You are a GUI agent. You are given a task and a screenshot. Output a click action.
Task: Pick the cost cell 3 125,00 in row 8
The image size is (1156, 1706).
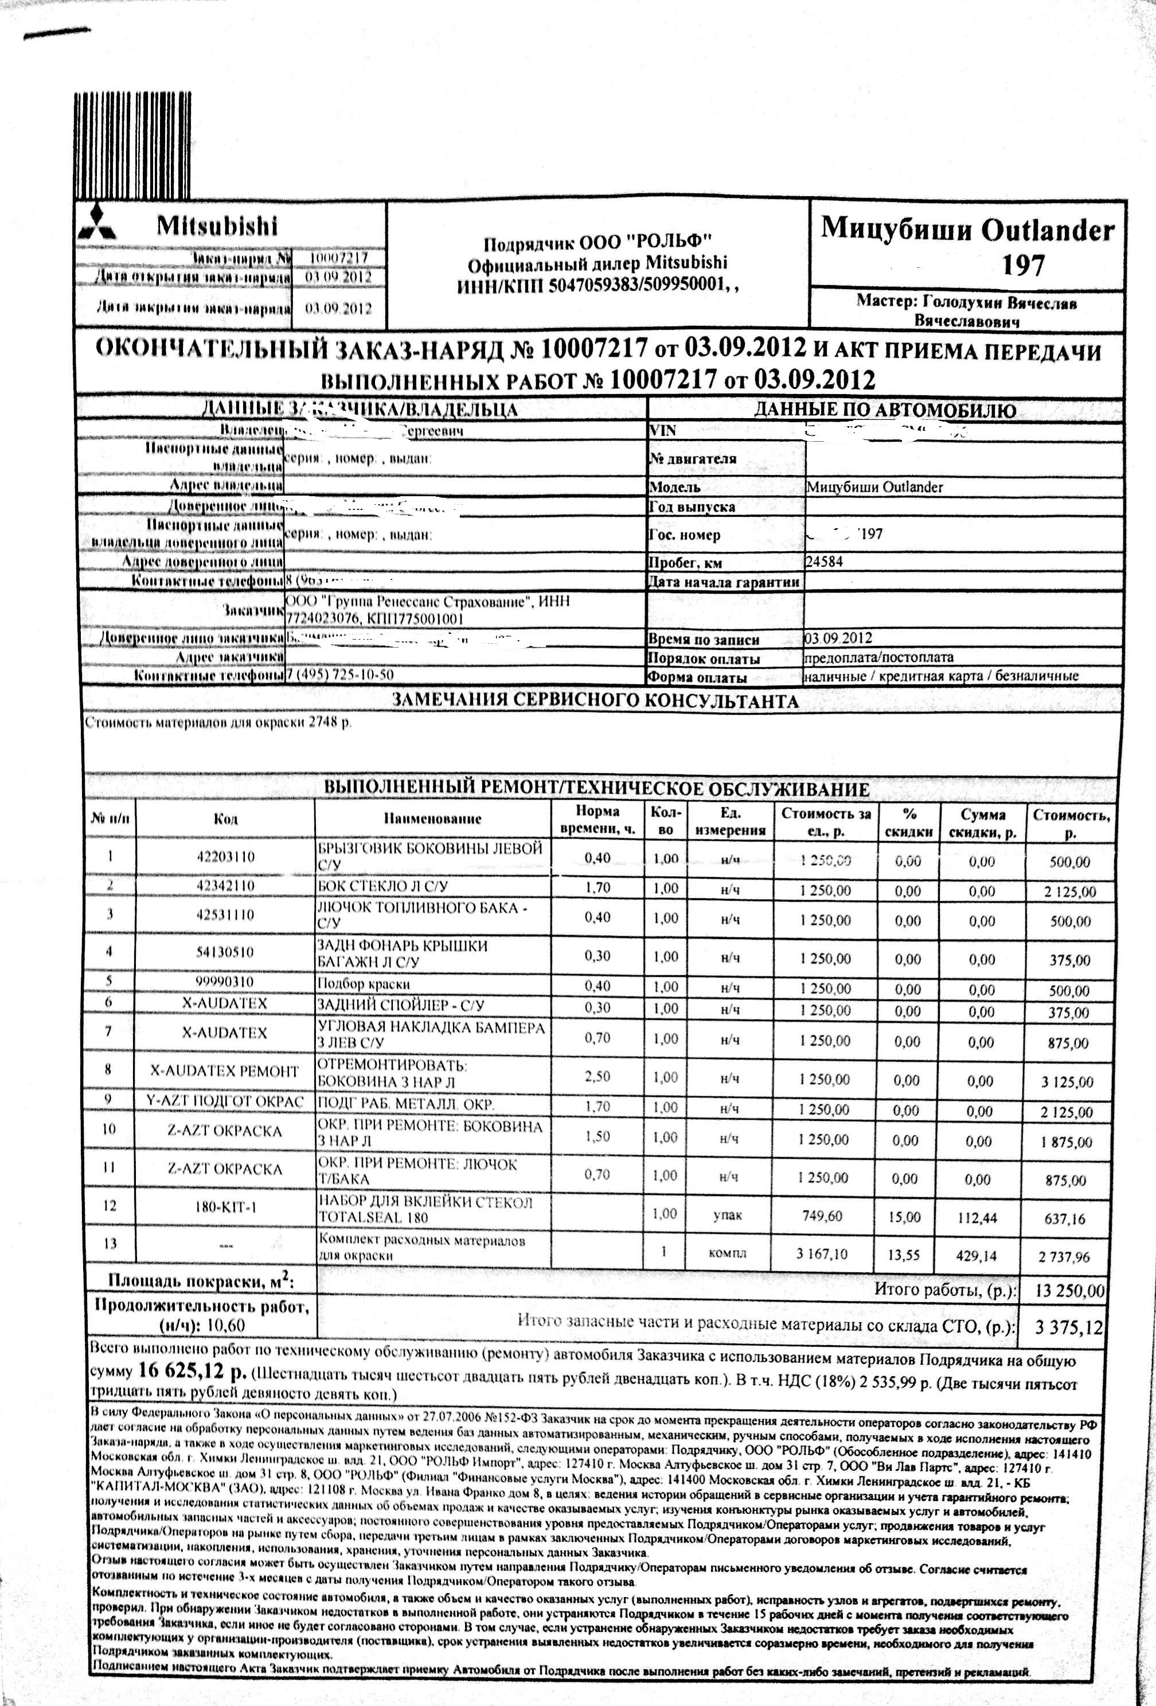(x=1067, y=1082)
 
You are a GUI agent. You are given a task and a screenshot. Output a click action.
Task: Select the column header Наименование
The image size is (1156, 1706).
(x=432, y=819)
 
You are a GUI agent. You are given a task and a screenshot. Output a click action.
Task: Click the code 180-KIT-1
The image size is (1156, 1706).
(x=225, y=1205)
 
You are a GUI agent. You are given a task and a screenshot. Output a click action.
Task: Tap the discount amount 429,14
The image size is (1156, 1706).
(x=975, y=1256)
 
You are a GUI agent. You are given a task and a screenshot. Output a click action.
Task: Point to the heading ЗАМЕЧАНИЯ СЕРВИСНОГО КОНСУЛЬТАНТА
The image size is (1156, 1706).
(x=595, y=701)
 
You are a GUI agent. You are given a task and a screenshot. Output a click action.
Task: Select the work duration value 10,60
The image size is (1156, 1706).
(x=225, y=1325)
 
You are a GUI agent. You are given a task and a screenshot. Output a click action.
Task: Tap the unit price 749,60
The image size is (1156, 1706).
(x=822, y=1216)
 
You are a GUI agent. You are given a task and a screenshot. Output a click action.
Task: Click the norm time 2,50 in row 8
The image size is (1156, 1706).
(x=597, y=1076)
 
